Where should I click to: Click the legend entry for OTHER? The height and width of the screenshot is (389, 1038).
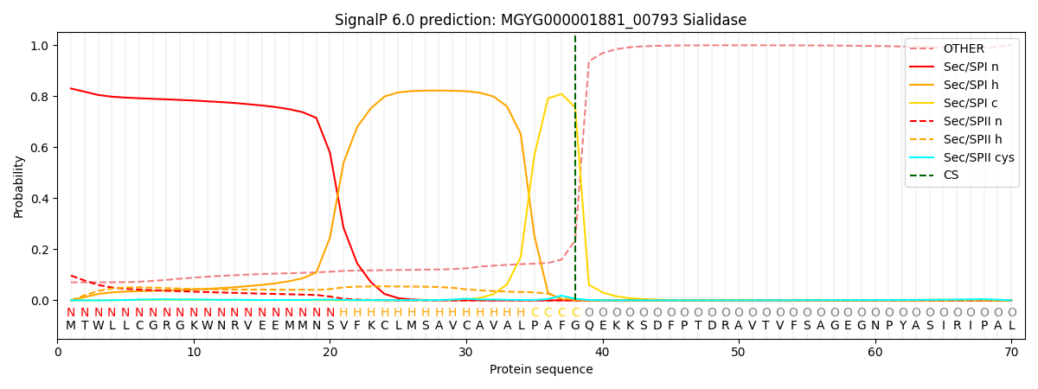click(x=964, y=48)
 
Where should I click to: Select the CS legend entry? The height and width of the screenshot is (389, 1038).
click(x=951, y=175)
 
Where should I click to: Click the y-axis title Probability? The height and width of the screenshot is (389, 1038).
click(x=19, y=186)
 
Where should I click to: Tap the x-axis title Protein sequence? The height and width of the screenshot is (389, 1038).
click(x=541, y=370)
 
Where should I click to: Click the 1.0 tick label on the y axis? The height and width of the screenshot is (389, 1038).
click(x=41, y=45)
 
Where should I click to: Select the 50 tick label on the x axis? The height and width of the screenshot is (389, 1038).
click(x=738, y=352)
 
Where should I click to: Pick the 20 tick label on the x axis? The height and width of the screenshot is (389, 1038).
click(x=330, y=352)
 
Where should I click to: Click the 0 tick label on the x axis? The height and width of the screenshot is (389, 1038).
click(x=58, y=352)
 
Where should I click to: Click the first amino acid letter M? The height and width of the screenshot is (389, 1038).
click(x=71, y=326)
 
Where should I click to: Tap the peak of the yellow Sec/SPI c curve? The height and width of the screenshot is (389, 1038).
click(x=561, y=94)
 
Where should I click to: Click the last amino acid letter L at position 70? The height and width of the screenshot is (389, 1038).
click(x=1011, y=326)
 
